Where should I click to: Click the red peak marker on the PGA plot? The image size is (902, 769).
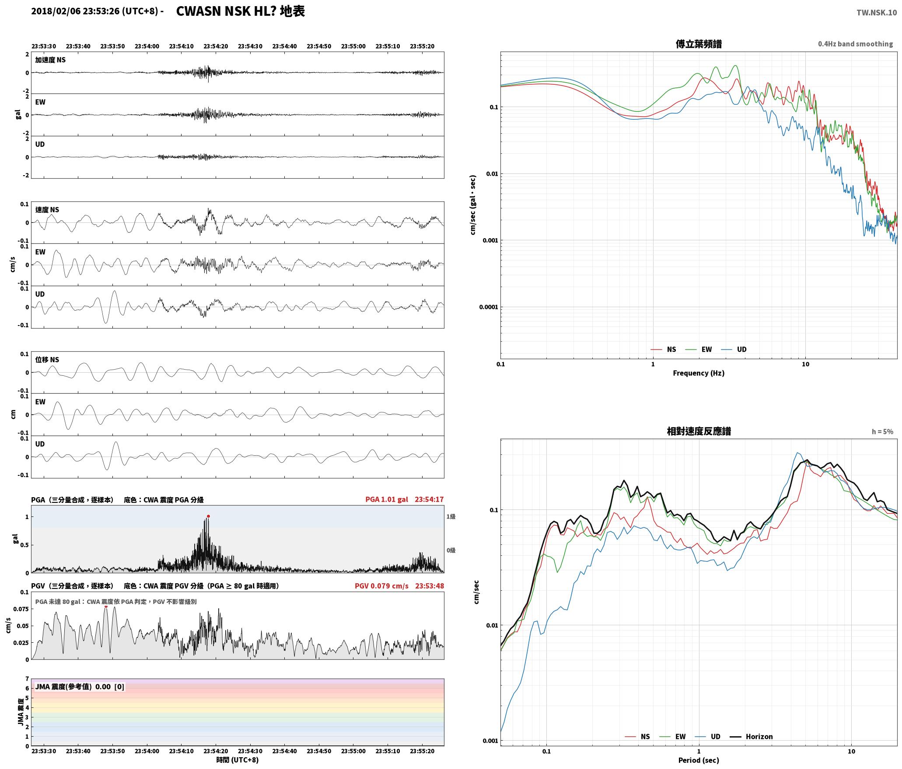(x=208, y=516)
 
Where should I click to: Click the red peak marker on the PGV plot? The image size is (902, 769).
(x=106, y=606)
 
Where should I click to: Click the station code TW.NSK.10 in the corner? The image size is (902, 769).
(x=876, y=13)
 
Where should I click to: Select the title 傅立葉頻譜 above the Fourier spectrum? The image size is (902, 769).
(x=699, y=44)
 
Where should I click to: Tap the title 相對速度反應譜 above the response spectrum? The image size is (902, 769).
(x=699, y=431)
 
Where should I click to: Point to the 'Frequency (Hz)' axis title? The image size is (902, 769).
(x=699, y=373)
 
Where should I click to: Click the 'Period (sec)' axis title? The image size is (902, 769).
(x=699, y=760)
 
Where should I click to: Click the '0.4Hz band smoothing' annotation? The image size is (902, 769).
(x=856, y=44)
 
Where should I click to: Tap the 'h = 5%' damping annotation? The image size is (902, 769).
(x=882, y=432)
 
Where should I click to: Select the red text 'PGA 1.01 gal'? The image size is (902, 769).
(x=387, y=499)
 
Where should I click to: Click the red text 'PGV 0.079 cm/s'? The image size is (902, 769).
(x=381, y=586)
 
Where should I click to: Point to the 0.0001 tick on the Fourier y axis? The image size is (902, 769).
(x=489, y=307)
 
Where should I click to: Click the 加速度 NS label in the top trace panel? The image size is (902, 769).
(x=50, y=60)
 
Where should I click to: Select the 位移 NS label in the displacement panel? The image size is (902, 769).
(x=47, y=360)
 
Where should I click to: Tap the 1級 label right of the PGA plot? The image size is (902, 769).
(x=451, y=517)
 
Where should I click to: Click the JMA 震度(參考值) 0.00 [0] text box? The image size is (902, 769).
(x=80, y=687)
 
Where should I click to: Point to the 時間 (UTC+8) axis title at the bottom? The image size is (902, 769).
(x=238, y=760)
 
